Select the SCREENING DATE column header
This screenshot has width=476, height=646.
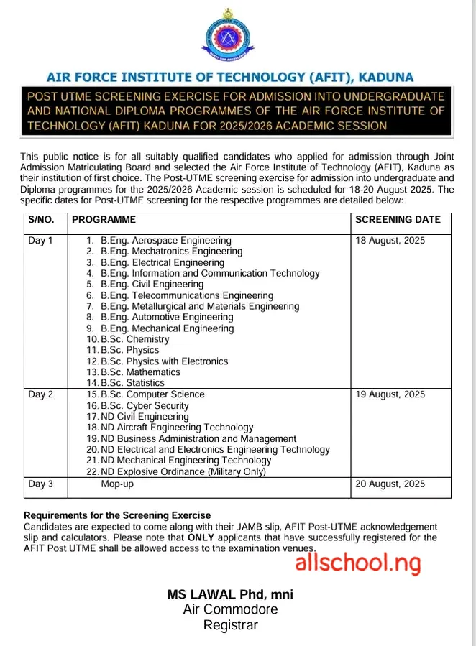click(x=398, y=219)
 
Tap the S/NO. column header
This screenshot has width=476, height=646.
click(x=41, y=219)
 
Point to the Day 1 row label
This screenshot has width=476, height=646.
click(x=41, y=240)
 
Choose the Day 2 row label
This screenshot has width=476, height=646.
click(x=41, y=394)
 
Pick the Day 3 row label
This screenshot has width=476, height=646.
click(x=41, y=484)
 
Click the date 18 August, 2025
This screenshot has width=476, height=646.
click(x=390, y=240)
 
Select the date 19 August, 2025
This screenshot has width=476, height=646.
click(x=390, y=394)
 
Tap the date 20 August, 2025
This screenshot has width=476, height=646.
click(x=390, y=484)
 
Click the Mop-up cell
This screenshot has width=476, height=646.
click(x=117, y=484)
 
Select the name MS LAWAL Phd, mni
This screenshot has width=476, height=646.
click(x=230, y=594)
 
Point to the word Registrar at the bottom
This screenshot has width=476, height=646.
click(x=230, y=625)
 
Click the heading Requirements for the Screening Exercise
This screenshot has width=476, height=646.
click(x=117, y=515)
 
